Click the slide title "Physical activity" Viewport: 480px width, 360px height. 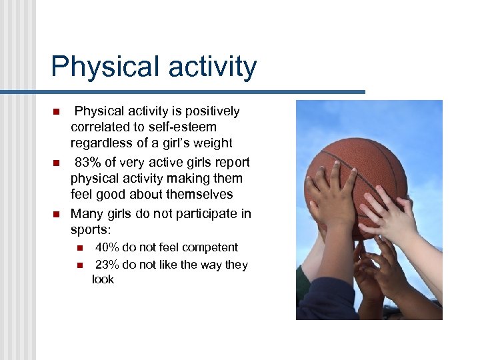[153, 67]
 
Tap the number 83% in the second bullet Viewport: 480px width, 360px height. [87, 163]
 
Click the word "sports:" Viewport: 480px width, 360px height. [91, 230]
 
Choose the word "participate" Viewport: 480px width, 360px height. [205, 213]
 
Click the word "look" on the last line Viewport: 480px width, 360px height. [103, 280]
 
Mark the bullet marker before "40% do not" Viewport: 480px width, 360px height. [79, 248]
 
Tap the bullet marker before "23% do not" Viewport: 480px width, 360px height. [79, 265]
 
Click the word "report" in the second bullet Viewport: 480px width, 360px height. [232, 163]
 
